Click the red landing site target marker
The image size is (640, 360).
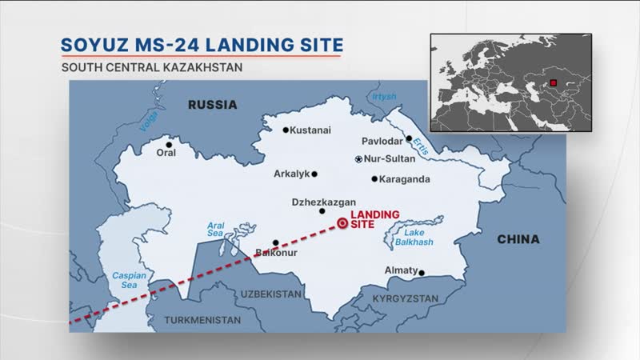pyautogui.click(x=342, y=225)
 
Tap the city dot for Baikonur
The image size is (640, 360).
pyautogui.click(x=275, y=242)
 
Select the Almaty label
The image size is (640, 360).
pyautogui.click(x=401, y=270)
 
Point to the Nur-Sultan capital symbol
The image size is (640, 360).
pyautogui.click(x=358, y=159)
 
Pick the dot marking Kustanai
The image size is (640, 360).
pyautogui.click(x=286, y=130)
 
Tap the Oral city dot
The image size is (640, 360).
pyautogui.click(x=169, y=146)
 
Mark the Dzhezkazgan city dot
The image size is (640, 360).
pyautogui.click(x=322, y=211)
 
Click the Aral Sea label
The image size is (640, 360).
pyautogui.click(x=217, y=230)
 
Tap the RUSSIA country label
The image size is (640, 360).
pyautogui.click(x=212, y=105)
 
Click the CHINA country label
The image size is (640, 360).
pyautogui.click(x=518, y=239)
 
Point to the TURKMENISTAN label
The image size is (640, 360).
pyautogui.click(x=202, y=319)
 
